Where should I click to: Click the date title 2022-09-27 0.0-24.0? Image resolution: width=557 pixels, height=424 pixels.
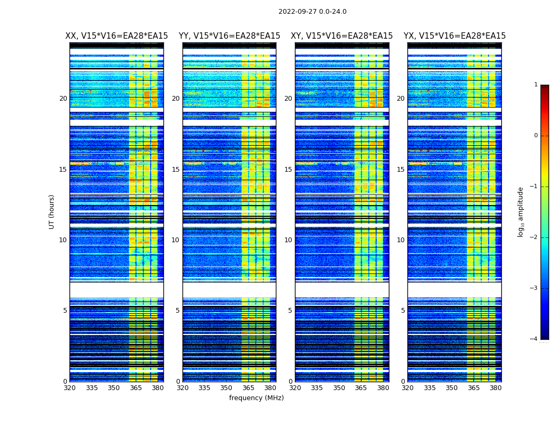tap(312, 12)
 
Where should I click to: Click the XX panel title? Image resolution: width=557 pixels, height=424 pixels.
tap(117, 36)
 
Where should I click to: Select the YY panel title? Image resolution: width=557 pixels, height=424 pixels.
tap(229, 36)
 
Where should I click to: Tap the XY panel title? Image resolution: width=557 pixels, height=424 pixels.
tap(342, 36)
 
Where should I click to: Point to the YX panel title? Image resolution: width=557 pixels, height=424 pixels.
tap(455, 36)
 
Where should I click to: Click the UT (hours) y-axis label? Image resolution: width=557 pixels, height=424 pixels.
tap(52, 211)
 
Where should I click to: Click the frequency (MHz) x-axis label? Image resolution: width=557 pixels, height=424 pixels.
tap(256, 398)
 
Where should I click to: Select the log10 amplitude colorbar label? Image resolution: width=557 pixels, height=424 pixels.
tap(520, 211)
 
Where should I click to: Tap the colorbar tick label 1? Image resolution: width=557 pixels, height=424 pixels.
tap(536, 85)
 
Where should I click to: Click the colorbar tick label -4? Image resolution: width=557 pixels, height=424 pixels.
tap(534, 339)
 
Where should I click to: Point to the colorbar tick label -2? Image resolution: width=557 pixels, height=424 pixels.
tap(534, 237)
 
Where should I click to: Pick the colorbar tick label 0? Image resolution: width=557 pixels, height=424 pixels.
tap(536, 136)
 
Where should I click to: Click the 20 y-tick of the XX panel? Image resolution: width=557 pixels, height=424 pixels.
tap(63, 99)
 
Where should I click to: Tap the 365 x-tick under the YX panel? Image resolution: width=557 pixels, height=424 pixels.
tap(474, 388)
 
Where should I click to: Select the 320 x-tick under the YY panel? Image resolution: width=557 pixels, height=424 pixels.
tap(182, 388)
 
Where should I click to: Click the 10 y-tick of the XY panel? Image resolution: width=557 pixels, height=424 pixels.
tap(288, 240)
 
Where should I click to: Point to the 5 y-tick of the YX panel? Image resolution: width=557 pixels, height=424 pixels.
tap(403, 311)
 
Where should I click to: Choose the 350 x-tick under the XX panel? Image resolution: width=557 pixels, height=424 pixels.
tap(114, 388)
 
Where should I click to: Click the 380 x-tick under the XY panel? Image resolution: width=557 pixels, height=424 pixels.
tap(383, 388)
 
